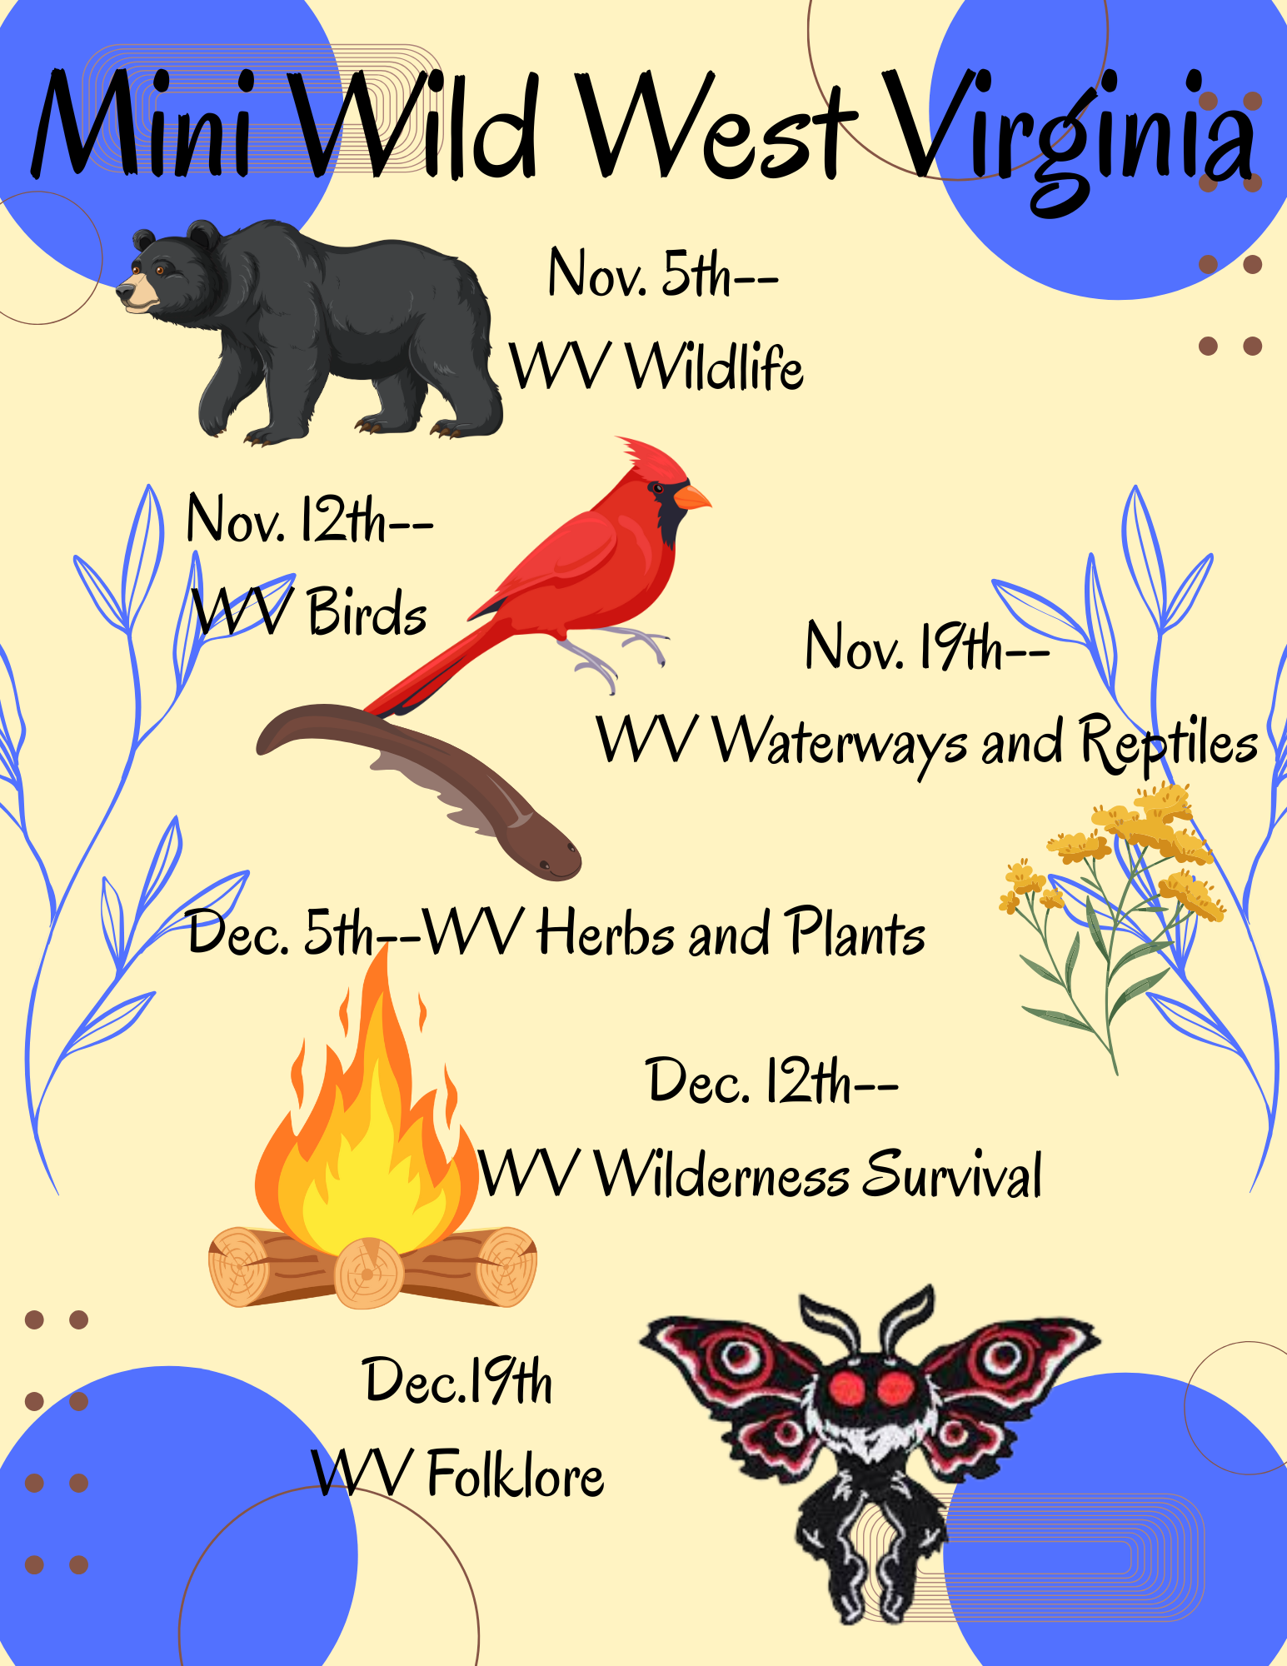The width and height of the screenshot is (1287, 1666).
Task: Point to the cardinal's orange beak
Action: coord(691,497)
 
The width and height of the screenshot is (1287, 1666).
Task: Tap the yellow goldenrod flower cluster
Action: coord(1116,849)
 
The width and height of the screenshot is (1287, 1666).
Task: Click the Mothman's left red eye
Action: coord(849,1388)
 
